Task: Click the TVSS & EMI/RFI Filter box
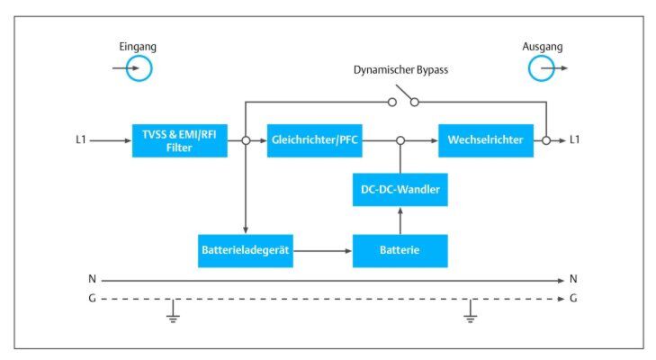(179, 139)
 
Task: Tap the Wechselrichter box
(486, 139)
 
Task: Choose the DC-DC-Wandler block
(400, 190)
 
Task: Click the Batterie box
(400, 249)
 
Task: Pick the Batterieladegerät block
(246, 249)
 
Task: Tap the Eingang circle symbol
(139, 67)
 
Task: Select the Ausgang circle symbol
(542, 67)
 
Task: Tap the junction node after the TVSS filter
(245, 140)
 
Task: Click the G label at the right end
(574, 298)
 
